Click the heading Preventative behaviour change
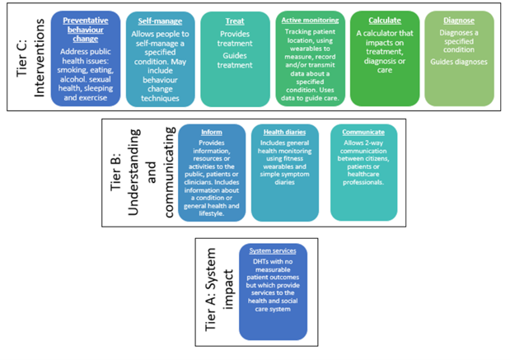(85, 30)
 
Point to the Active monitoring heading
(308, 20)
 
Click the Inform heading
(211, 132)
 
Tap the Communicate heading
(363, 131)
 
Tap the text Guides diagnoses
(458, 62)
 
